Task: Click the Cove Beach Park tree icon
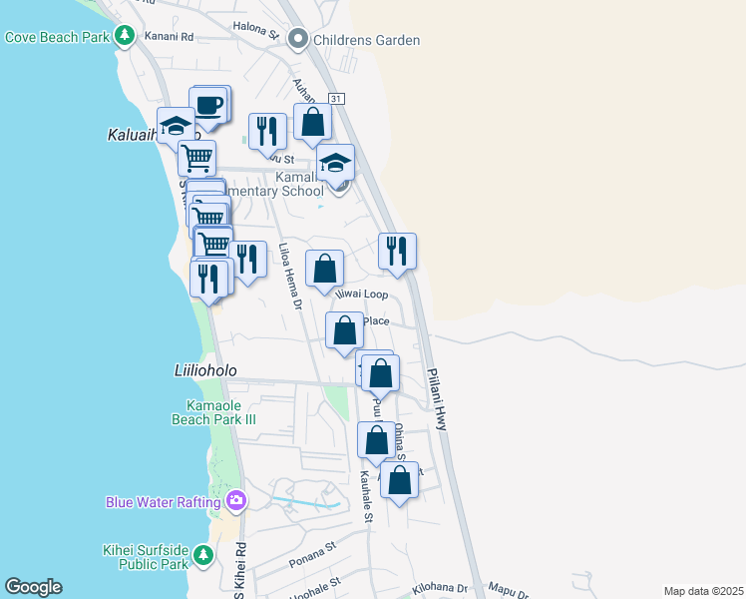[124, 37]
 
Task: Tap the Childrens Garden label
[366, 41]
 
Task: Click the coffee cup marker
[208, 104]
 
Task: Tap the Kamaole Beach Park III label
[221, 412]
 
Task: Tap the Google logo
[33, 587]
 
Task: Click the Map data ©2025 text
[702, 591]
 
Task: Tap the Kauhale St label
[366, 495]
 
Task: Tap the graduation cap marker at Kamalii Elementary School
[336, 162]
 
